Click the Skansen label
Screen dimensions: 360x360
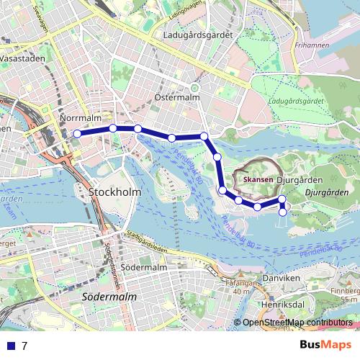258,179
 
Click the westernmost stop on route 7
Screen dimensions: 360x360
77,133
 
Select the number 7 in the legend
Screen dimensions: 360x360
24,346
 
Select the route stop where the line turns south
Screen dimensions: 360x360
204,136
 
